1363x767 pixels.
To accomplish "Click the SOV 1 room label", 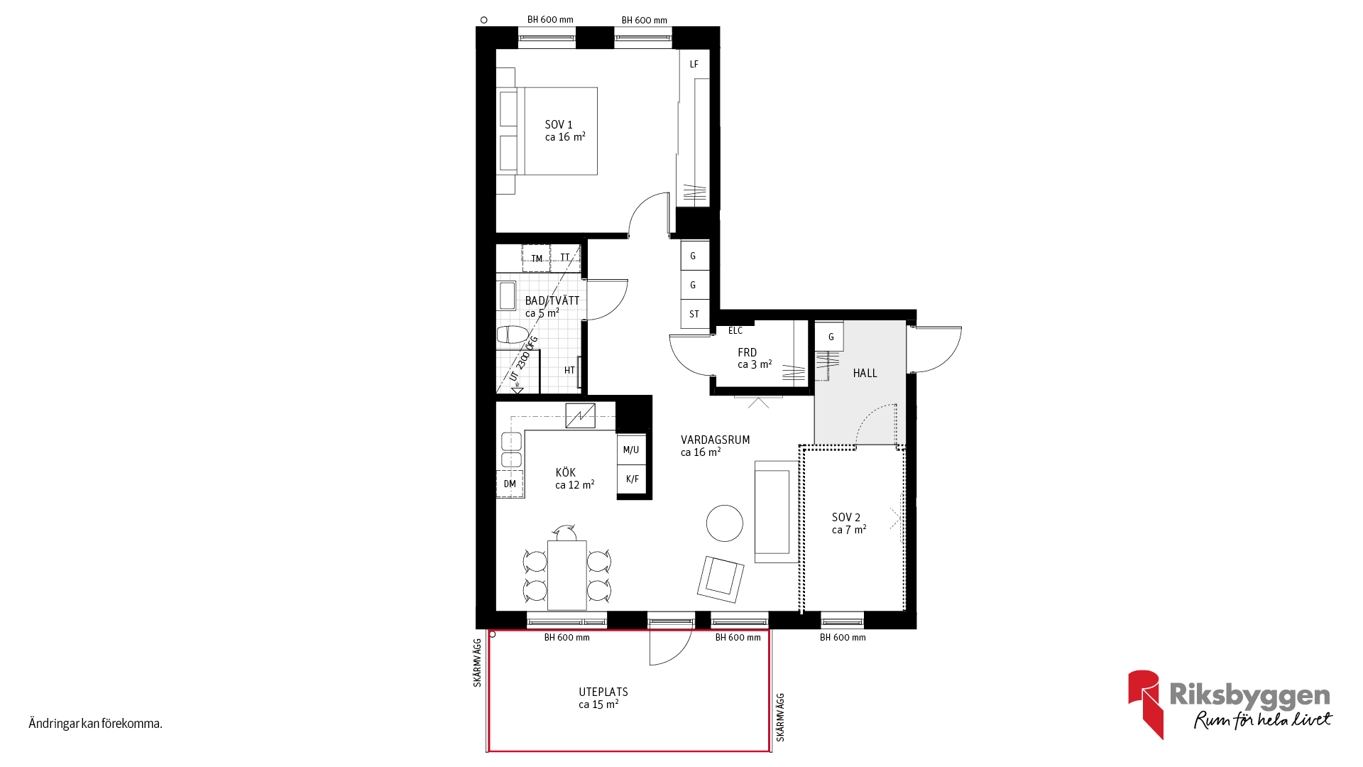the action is point(559,124).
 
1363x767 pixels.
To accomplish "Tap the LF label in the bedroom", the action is point(694,64).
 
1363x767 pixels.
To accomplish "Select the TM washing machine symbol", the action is point(536,259).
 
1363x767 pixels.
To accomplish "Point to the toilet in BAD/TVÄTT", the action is point(512,334).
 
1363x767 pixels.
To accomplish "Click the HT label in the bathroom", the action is point(569,370).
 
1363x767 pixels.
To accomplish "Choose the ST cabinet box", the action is point(695,314).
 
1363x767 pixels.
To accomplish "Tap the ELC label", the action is point(735,330).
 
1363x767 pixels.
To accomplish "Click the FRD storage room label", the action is point(748,352).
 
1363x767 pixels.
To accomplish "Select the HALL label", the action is point(865,373).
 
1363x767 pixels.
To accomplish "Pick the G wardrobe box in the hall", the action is point(830,337).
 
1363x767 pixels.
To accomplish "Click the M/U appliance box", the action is point(631,450).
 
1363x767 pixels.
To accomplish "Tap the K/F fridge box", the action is point(632,479).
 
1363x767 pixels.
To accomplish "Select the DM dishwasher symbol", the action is point(510,484).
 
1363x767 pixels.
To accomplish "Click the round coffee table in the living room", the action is point(725,523).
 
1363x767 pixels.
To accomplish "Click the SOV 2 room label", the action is point(846,517).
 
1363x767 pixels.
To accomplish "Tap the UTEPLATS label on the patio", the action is point(603,692).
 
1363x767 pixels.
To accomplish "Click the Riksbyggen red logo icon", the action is point(1145,703).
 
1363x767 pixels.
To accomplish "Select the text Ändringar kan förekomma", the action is point(96,724).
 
